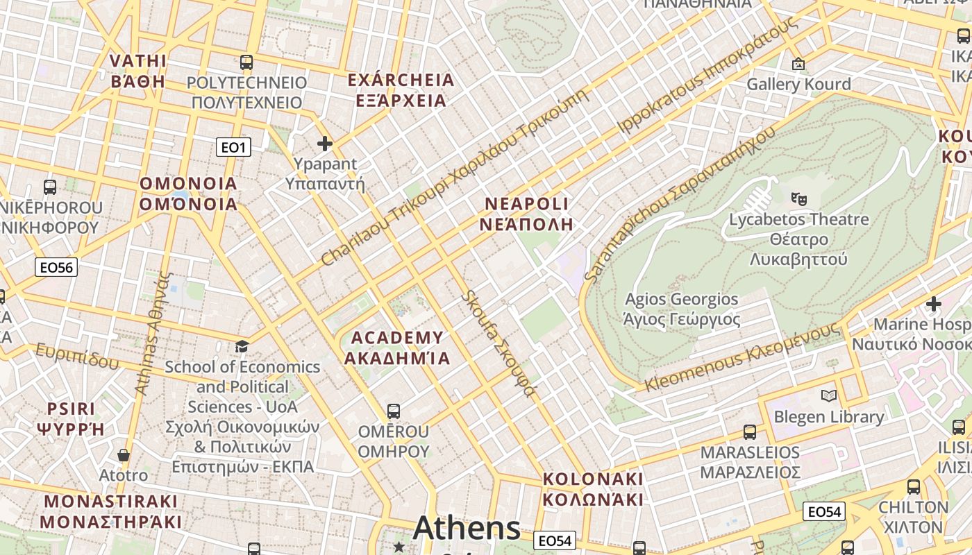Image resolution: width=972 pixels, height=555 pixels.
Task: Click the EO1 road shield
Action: click(233, 147)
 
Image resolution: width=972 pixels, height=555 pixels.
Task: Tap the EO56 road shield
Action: click(56, 267)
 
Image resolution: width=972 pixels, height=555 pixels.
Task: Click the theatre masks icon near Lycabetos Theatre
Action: click(799, 198)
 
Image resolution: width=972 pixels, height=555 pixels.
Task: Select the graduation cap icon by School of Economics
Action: click(242, 346)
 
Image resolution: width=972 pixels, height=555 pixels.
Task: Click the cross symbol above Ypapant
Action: click(324, 144)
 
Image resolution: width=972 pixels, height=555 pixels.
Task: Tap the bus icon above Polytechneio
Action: click(246, 62)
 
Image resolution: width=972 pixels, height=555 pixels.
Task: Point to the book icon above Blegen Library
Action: click(828, 396)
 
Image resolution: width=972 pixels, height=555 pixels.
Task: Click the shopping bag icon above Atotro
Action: click(124, 455)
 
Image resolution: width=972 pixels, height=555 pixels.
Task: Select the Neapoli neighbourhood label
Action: click(526, 214)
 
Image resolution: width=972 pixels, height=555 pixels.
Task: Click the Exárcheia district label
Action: click(401, 90)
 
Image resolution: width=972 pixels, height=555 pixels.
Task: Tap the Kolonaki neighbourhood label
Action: click(593, 489)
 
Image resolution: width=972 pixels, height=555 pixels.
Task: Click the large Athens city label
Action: click(467, 529)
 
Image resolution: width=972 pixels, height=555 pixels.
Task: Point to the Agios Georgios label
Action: click(681, 309)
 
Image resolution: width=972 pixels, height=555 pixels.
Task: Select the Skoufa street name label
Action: click(499, 344)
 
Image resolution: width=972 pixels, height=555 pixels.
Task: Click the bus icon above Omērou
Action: click(394, 411)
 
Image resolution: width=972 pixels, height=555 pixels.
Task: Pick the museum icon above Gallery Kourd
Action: click(798, 64)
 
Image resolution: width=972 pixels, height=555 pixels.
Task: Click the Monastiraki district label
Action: click(110, 511)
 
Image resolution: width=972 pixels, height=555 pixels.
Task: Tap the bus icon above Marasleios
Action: click(750, 432)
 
